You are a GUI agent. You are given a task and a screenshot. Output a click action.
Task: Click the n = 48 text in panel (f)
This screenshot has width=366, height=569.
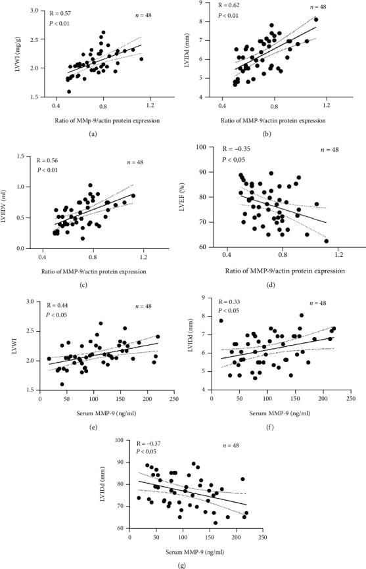pyautogui.click(x=321, y=304)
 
